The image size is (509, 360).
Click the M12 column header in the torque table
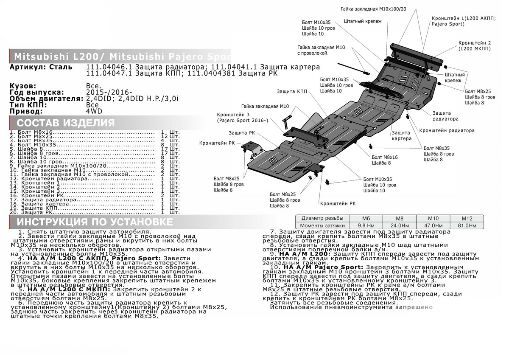pyautogui.click(x=465, y=218)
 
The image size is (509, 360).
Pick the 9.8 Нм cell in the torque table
pyautogui.click(x=366, y=225)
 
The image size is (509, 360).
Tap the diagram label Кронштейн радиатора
pyautogui.click(x=447, y=130)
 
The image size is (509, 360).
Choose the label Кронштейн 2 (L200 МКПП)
pyautogui.click(x=474, y=46)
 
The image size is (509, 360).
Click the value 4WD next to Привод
pyautogui.click(x=92, y=111)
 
